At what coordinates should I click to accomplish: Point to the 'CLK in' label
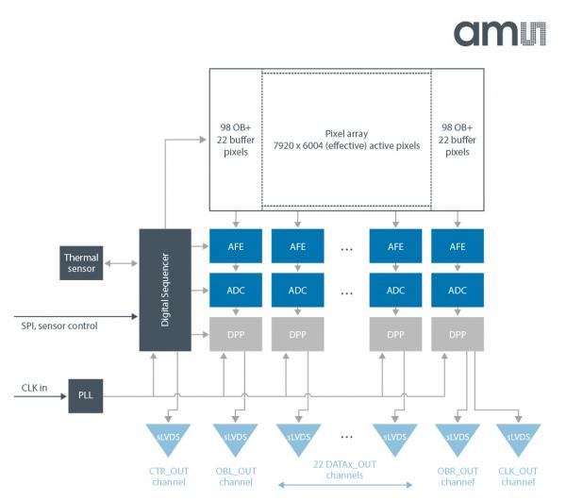pyautogui.click(x=36, y=388)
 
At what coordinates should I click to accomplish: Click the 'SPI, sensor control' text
pyautogui.click(x=59, y=326)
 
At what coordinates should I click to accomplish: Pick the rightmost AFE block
pyautogui.click(x=458, y=247)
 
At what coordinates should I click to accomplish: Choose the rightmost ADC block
pyautogui.click(x=458, y=291)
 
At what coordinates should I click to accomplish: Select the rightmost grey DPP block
pyautogui.click(x=458, y=334)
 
